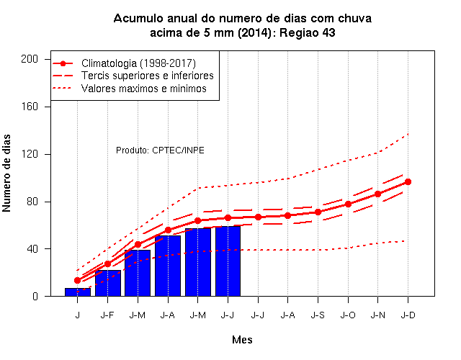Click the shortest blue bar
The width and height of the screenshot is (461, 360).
coord(78,292)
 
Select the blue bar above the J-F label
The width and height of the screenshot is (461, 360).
coord(108,283)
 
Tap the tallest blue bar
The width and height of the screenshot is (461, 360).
coord(228,261)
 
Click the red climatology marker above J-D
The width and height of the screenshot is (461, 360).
coord(408,182)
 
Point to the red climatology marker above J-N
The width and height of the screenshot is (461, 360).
coord(377,194)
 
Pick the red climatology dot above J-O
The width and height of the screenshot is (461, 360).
coord(348,204)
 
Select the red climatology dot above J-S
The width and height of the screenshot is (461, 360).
coord(318,212)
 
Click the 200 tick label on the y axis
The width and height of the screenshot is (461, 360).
coord(30,59)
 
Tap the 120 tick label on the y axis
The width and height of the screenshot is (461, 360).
coord(30,154)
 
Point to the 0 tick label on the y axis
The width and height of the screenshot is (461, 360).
coord(35,296)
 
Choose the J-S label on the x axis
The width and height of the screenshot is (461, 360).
coord(318,315)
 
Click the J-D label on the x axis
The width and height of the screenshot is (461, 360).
coord(408,315)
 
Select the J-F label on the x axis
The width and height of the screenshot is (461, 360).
coord(107,315)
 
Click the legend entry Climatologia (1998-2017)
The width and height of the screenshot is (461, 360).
coord(138,63)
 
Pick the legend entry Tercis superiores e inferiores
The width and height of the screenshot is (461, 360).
coord(147,76)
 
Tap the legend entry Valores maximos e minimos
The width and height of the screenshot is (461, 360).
coord(144,89)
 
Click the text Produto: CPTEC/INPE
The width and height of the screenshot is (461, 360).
coord(160,150)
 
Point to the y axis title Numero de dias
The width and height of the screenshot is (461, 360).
coord(6,173)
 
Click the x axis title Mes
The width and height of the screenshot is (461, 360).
coord(242,340)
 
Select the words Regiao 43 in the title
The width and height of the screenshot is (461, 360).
coord(308,32)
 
